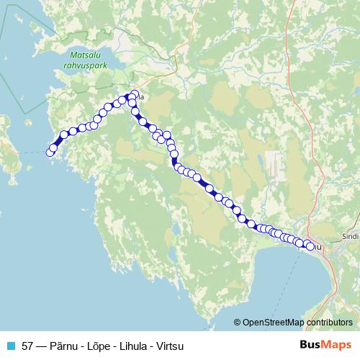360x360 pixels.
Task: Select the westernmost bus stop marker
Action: tap(50, 152)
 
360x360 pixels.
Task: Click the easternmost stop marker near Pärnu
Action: tap(311, 246)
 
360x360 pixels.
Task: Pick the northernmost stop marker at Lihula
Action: tap(135, 93)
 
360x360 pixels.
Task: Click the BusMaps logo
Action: tap(327, 344)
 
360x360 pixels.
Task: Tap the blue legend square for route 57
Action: tap(11, 345)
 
